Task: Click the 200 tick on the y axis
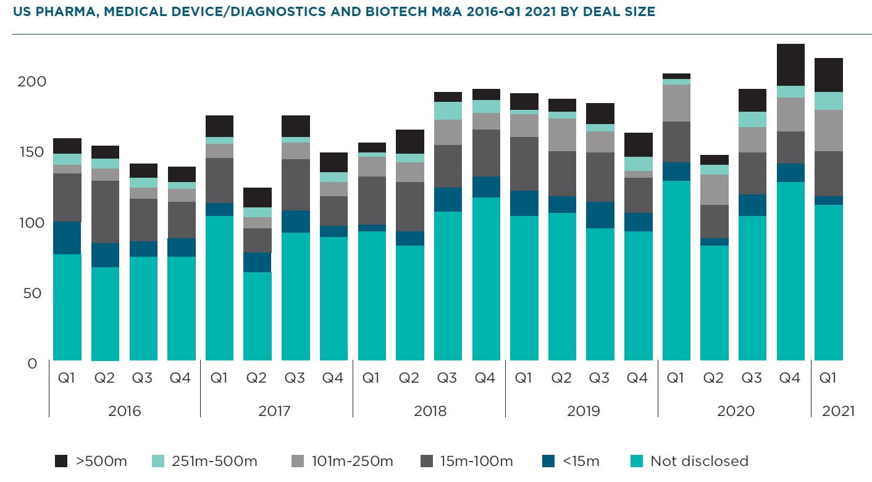point(28,81)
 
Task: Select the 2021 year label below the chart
point(838,411)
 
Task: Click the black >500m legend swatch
point(61,461)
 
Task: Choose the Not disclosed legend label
point(699,461)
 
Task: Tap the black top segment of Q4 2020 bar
point(790,65)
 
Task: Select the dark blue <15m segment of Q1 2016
point(67,238)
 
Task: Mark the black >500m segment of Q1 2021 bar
point(829,75)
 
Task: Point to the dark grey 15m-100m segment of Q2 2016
point(106,212)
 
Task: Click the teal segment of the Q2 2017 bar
point(258,316)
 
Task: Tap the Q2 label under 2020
point(713,378)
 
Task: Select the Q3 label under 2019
point(599,378)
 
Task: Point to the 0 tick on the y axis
point(32,363)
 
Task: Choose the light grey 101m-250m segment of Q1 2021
point(829,130)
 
